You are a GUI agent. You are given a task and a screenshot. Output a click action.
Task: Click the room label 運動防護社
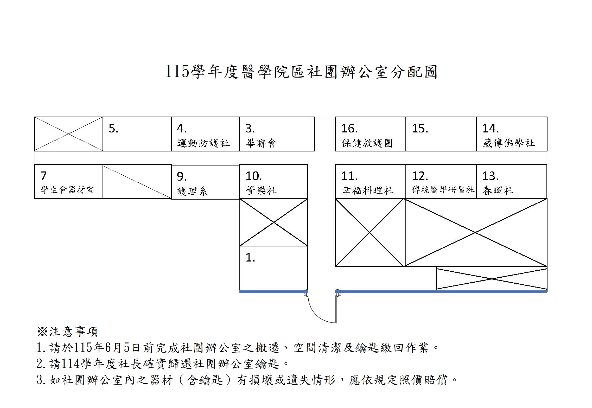[203, 143]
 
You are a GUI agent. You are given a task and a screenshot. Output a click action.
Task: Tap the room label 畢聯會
[261, 143]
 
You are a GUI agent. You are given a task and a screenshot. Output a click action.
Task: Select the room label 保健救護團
[367, 143]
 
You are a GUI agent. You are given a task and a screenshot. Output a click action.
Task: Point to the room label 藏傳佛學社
[508, 143]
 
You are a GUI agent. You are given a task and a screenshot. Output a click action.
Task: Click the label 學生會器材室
[67, 190]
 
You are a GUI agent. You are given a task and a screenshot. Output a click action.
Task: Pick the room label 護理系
[192, 191]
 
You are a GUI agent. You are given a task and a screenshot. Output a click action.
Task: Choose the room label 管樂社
[261, 190]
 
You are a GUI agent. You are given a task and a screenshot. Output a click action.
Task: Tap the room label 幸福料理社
[367, 190]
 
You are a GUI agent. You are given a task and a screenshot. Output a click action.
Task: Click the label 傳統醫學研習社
[443, 190]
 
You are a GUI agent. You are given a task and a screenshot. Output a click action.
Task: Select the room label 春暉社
[498, 190]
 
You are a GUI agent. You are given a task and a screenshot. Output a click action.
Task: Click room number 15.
[420, 129]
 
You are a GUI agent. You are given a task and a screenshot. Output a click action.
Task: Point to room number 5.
[113, 129]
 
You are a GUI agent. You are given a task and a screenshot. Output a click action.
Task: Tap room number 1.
[250, 258]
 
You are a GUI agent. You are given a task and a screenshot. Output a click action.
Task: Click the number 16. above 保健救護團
[349, 129]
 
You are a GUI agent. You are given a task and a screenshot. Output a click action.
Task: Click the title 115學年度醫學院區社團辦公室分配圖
[301, 72]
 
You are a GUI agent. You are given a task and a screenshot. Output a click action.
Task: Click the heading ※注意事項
[67, 331]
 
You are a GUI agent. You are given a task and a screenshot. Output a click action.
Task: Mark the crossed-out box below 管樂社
[273, 222]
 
